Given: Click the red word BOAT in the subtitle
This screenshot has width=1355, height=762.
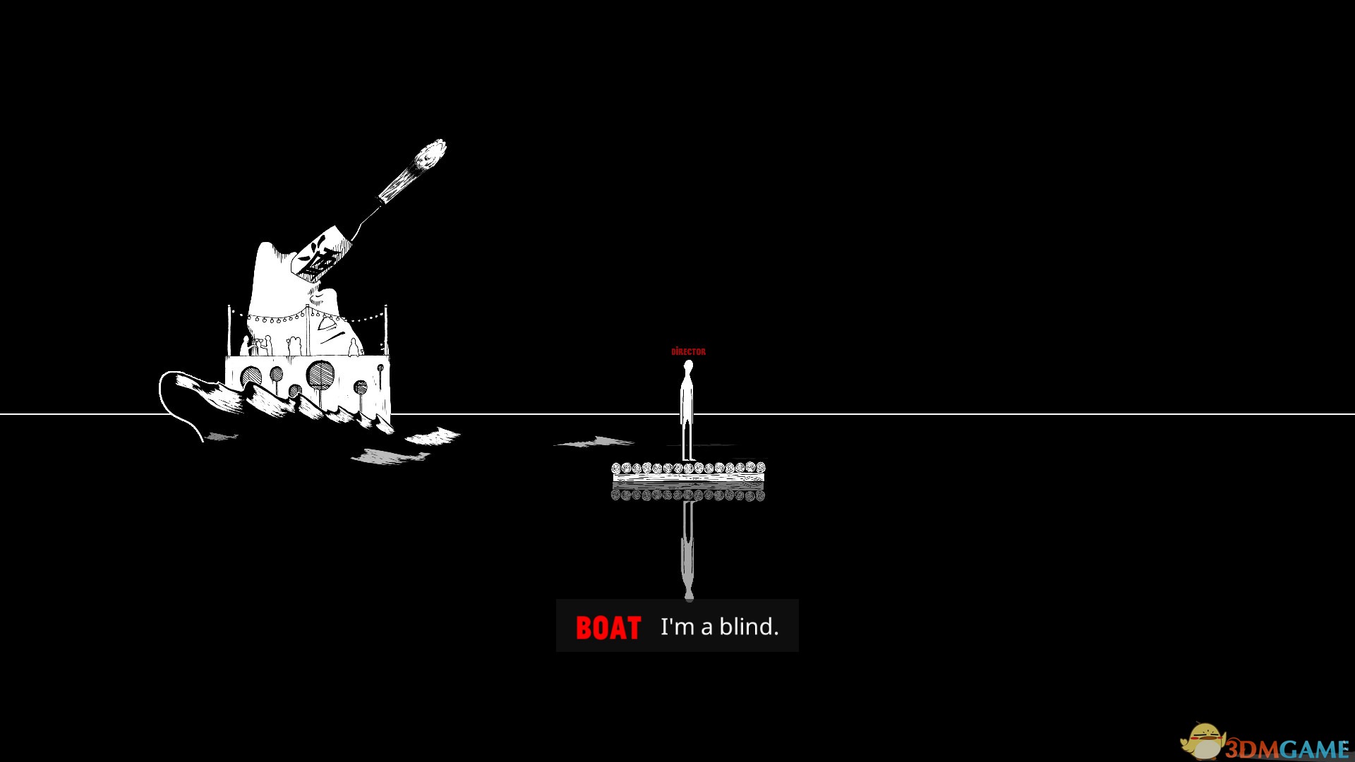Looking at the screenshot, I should [608, 627].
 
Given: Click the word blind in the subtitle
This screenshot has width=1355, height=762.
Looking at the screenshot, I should [749, 627].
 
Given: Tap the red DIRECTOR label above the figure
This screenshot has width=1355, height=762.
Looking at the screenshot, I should [688, 351].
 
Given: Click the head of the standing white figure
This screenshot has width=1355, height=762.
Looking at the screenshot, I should [688, 366].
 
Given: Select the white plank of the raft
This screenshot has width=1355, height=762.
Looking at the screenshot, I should [688, 478].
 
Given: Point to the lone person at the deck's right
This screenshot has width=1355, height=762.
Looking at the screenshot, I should [354, 347].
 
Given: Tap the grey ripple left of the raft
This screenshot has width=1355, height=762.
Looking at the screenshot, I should [596, 442].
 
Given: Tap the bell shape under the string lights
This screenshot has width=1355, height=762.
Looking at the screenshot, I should [327, 325].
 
